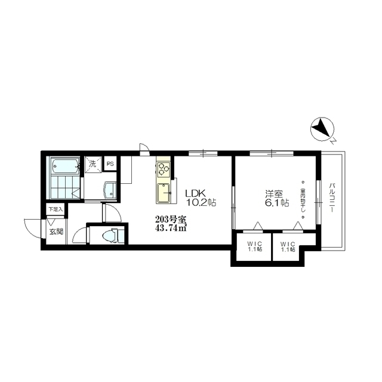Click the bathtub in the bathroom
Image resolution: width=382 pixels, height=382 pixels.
(x=65, y=167)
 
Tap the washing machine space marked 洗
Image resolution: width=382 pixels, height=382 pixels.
(x=93, y=165)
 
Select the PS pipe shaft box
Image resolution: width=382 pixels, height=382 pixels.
(x=110, y=164)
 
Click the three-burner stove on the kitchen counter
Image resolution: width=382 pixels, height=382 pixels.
(x=163, y=168)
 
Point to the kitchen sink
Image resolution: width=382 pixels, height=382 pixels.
(x=164, y=193)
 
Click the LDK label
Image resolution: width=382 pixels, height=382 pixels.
(x=196, y=193)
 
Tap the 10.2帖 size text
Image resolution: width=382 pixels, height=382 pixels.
(x=201, y=202)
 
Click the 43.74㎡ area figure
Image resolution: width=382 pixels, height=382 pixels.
(x=171, y=229)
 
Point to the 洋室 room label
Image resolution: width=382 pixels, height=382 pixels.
(x=274, y=193)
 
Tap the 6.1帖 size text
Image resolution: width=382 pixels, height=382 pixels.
(x=277, y=202)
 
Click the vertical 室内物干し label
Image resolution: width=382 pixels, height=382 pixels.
(x=303, y=199)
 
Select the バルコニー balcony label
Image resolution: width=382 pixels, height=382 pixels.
(x=332, y=198)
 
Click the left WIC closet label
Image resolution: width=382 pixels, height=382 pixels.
(x=255, y=247)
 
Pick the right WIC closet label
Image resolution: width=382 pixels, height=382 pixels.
(x=288, y=247)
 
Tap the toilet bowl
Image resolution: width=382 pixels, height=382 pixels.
(x=110, y=236)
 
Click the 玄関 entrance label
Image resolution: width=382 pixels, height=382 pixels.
(x=57, y=232)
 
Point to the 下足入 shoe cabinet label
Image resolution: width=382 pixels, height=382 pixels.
(x=56, y=209)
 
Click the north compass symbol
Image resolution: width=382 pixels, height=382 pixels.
(x=322, y=129)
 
